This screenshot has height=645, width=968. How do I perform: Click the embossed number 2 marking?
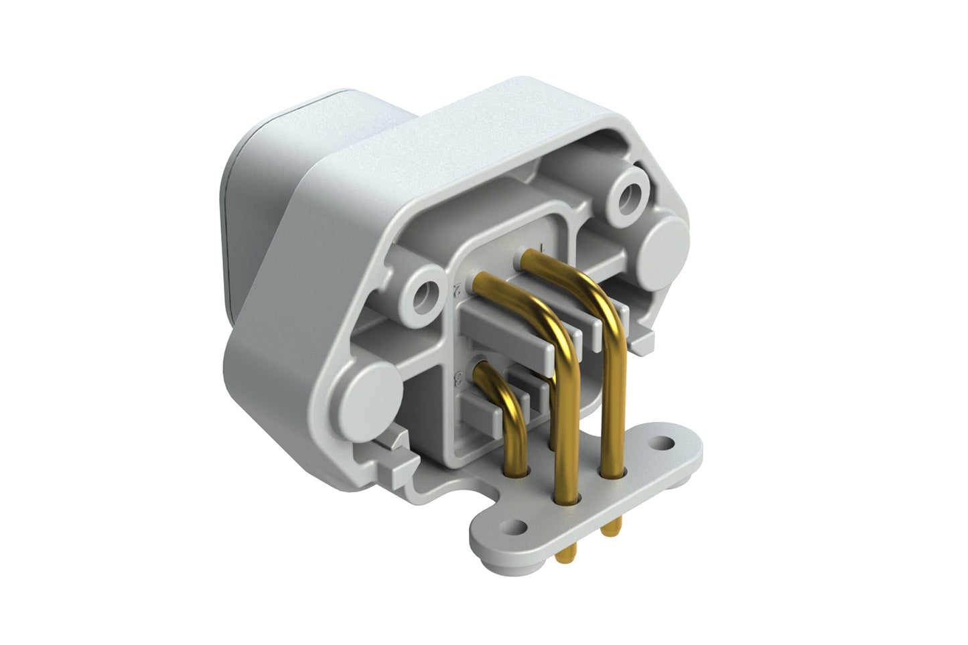pos(458,290)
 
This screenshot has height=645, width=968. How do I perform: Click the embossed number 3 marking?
pos(459,380)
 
